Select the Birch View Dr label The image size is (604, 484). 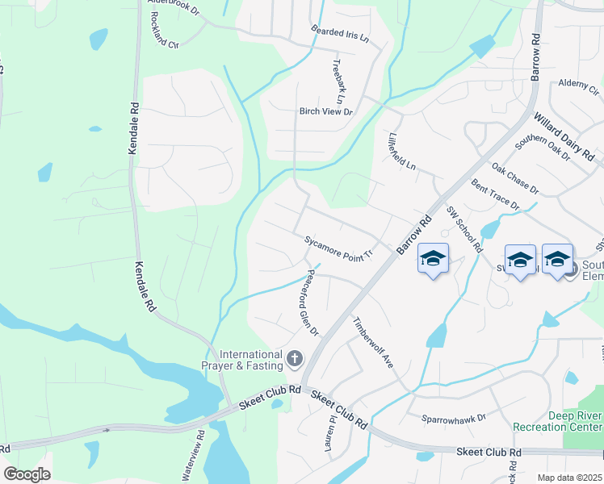click(326, 112)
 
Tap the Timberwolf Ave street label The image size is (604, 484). click(371, 341)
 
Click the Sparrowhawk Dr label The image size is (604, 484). click(453, 419)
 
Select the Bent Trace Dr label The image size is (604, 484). click(495, 195)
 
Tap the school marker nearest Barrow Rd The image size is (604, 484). click(434, 259)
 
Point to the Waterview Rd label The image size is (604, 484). click(194, 460)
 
